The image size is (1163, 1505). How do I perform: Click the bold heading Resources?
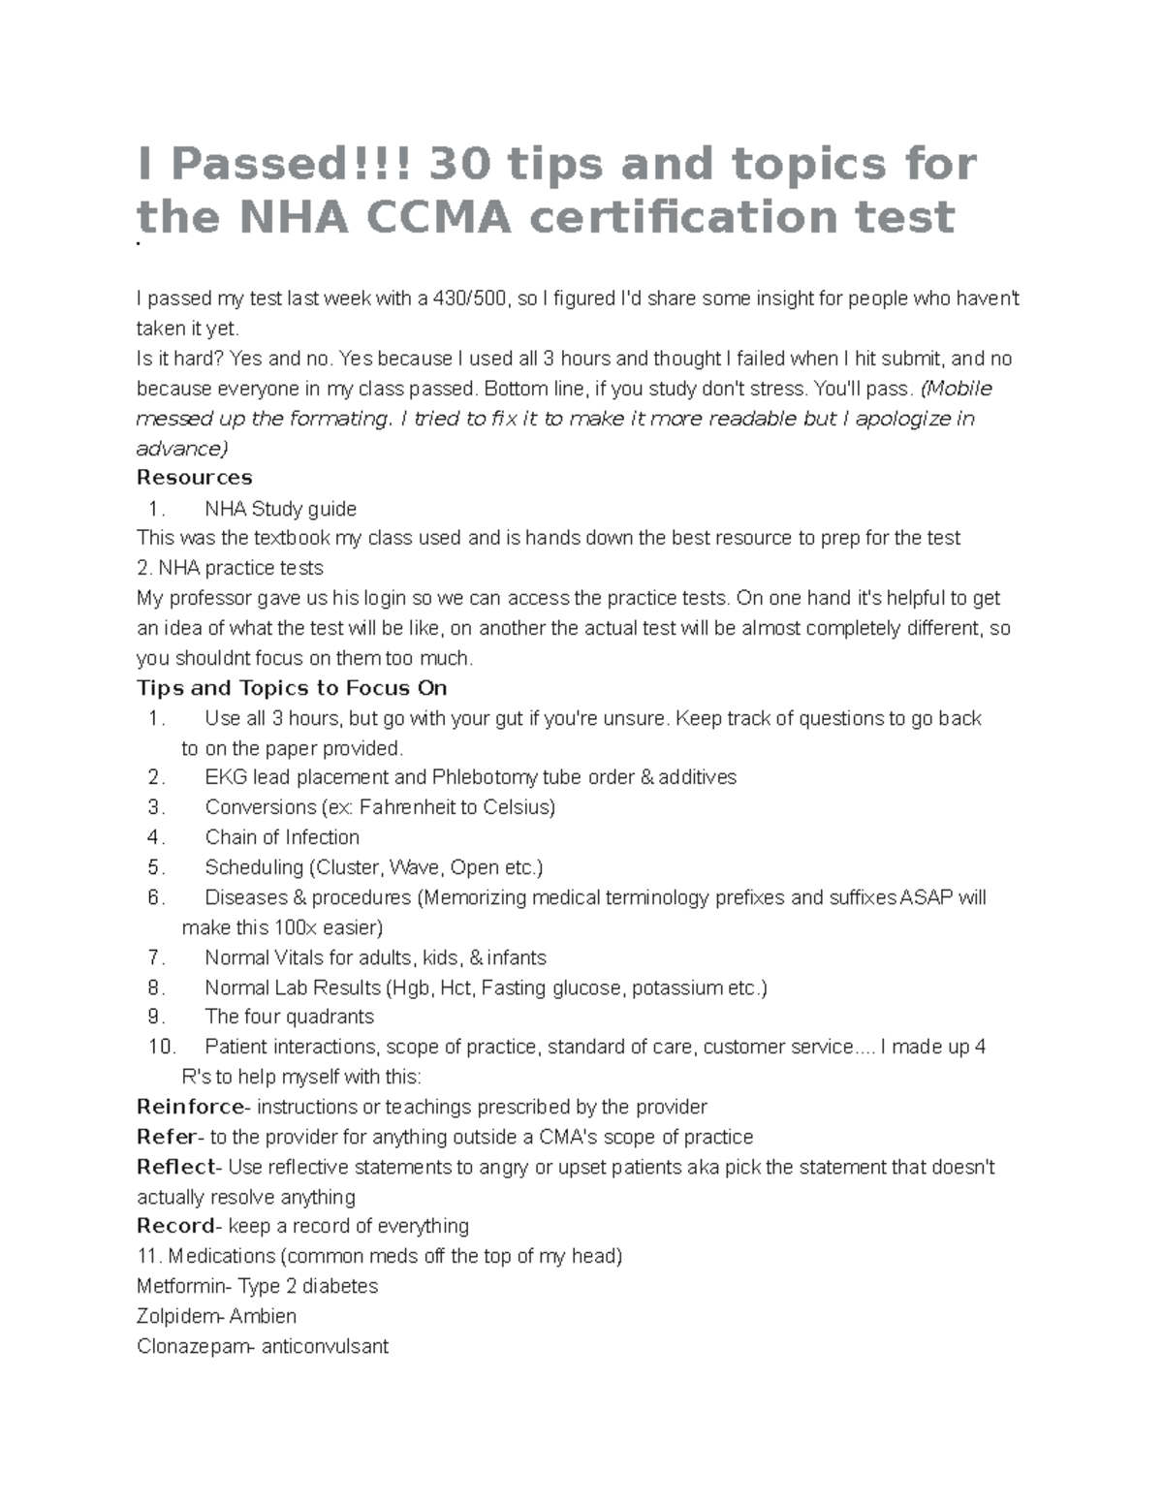pos(195,478)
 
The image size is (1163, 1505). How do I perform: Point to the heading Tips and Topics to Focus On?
pos(292,688)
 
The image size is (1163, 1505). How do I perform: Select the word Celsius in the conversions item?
pos(519,807)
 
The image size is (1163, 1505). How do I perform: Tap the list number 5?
pos(156,867)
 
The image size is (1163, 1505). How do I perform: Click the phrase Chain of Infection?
pos(282,837)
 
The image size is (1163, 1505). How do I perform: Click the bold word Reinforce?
pos(191,1107)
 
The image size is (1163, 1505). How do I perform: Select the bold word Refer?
pos(167,1137)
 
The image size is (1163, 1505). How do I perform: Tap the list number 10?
pos(161,1047)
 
